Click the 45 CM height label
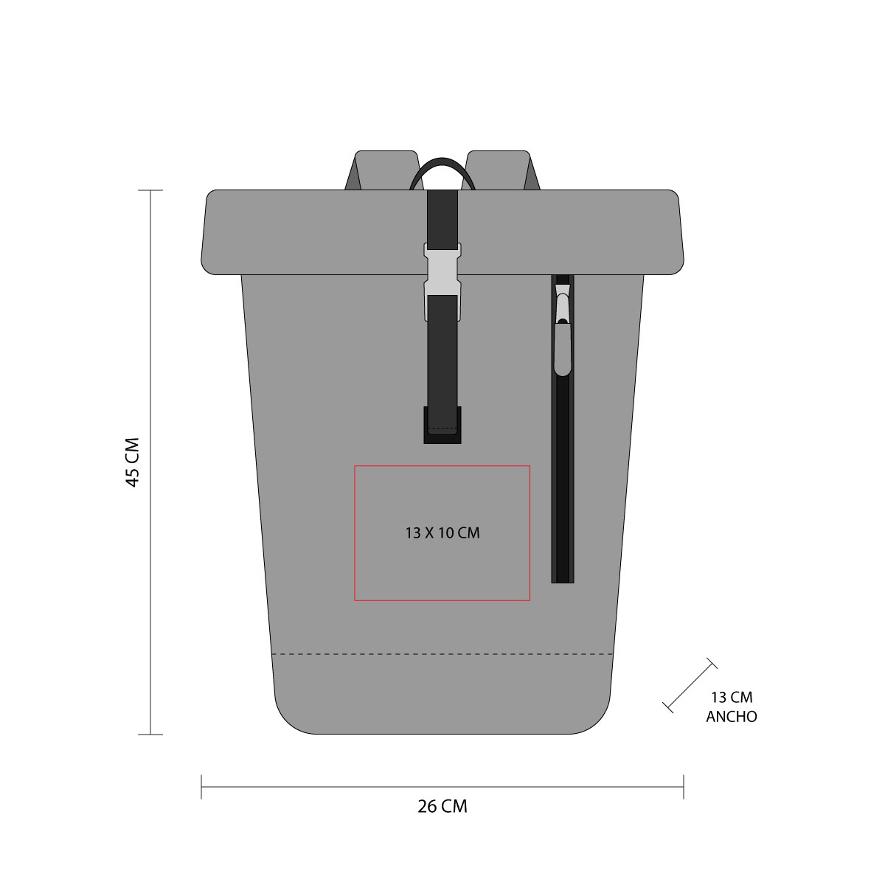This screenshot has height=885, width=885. (x=133, y=462)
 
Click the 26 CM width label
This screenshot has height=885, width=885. (x=442, y=806)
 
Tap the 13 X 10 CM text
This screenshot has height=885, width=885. (x=442, y=532)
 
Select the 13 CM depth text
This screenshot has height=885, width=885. (x=732, y=697)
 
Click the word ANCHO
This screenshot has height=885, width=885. (x=732, y=716)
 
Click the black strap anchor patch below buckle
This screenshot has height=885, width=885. (x=442, y=435)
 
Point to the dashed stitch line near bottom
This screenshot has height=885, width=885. (x=442, y=654)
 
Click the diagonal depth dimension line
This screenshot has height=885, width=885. (x=690, y=685)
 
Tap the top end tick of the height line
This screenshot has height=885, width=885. (x=151, y=190)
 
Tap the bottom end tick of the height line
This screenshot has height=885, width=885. (x=151, y=734)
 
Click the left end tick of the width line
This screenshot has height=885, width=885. (x=201, y=787)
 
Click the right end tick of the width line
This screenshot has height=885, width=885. (x=684, y=787)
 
